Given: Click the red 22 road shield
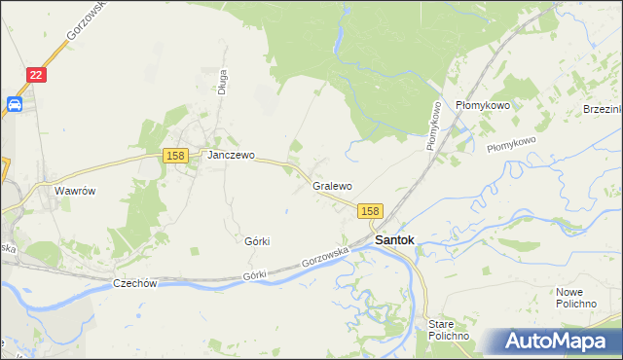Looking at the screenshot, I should coord(35,75).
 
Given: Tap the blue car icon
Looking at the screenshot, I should coord(16,104).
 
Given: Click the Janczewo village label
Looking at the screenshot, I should coord(230,155).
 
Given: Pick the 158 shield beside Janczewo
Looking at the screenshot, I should coord(175,156).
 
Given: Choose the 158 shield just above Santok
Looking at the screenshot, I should coord(370,211).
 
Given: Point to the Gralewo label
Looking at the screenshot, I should coord(332,185).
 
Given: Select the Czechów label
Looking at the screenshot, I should coord(135,283).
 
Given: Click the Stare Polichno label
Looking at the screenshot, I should coord(449,329).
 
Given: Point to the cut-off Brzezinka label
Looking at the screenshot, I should coord(603,107).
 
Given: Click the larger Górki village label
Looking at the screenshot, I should coord(257,240).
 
